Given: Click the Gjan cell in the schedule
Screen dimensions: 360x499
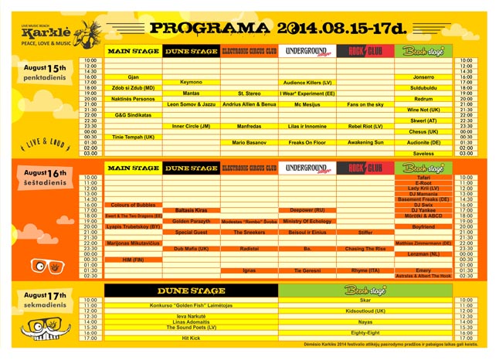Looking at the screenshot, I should [133, 77].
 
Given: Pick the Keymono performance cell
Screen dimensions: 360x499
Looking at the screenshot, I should [191, 82].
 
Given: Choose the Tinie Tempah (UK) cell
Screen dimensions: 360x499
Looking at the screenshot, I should [133, 137].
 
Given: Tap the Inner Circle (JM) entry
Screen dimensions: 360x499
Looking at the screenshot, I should [191, 126].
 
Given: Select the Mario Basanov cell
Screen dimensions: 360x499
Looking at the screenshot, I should [249, 142].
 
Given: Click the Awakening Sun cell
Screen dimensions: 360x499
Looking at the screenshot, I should [365, 142].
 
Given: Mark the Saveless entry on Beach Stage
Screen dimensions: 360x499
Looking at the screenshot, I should [423, 153].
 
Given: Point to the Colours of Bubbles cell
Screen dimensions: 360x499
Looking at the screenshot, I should [133, 205].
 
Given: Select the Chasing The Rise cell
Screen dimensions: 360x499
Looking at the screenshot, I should [365, 248].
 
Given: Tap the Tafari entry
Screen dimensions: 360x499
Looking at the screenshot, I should [423, 178].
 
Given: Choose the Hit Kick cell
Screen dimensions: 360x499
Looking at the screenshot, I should [191, 338].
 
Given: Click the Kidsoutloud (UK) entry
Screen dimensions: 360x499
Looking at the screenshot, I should [365, 311].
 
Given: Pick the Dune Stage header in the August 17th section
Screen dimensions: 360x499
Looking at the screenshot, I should [191, 290].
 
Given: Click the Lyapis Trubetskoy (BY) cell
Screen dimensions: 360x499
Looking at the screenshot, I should [133, 226].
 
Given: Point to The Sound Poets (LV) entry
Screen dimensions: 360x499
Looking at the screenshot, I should [191, 327].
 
